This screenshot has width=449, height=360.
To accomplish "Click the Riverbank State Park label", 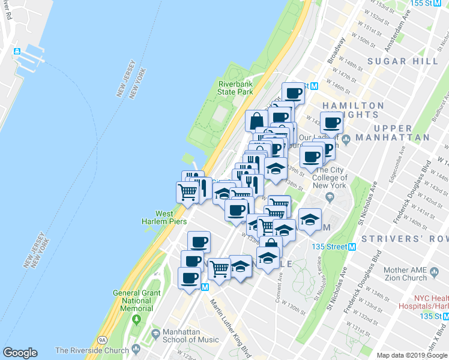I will pyautogui.click(x=235, y=88).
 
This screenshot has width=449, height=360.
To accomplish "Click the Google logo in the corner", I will pyautogui.click(x=20, y=353).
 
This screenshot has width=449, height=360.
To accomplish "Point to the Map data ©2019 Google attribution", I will pyautogui.click(x=412, y=355).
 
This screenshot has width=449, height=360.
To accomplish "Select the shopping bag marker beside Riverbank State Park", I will pyautogui.click(x=256, y=121).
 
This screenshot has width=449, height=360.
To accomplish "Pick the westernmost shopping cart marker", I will pyautogui.click(x=187, y=193).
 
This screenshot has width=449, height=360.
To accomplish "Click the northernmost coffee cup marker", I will pyautogui.click(x=293, y=93).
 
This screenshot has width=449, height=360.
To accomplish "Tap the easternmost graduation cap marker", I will pyautogui.click(x=310, y=219).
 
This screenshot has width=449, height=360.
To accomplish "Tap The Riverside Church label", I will pyautogui.click(x=92, y=350).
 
